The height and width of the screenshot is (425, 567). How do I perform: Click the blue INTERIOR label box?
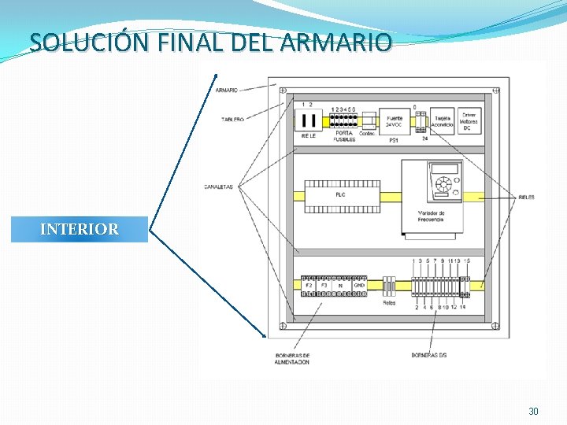tap(79, 229)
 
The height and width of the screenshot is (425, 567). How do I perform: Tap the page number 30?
tap(533, 411)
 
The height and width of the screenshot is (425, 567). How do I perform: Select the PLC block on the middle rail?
tap(340, 195)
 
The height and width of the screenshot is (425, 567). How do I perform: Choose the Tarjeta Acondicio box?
tap(442, 121)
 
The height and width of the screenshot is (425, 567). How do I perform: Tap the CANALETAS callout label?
tap(219, 187)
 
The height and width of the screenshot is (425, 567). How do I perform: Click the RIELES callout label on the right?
tap(526, 197)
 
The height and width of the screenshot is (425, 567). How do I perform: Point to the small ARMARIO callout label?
tap(227, 90)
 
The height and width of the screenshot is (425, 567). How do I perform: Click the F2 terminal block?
tap(309, 286)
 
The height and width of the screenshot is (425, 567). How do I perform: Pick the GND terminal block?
tap(358, 286)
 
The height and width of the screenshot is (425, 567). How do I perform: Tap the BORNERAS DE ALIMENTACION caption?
tap(292, 358)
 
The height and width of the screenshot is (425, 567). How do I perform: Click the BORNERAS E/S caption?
tap(429, 355)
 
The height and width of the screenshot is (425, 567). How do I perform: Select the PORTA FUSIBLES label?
tap(344, 136)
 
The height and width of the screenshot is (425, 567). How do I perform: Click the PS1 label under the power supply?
tap(394, 139)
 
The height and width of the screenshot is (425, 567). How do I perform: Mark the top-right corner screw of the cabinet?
tap(495, 91)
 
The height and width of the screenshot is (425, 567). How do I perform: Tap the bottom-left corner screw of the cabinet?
tap(281, 326)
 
